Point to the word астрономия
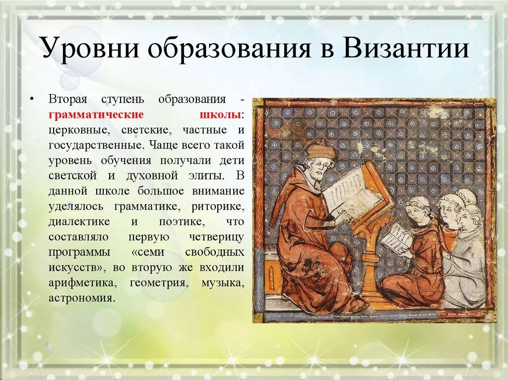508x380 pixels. coord(82,298)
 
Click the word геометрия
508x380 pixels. coord(158,283)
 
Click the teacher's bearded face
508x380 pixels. coord(317,170)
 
